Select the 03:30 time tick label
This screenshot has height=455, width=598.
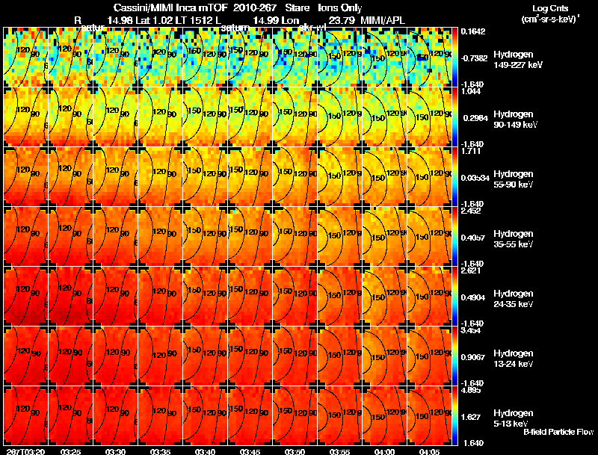116,451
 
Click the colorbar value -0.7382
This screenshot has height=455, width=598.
475,57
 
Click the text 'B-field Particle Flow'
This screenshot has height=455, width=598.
558,432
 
